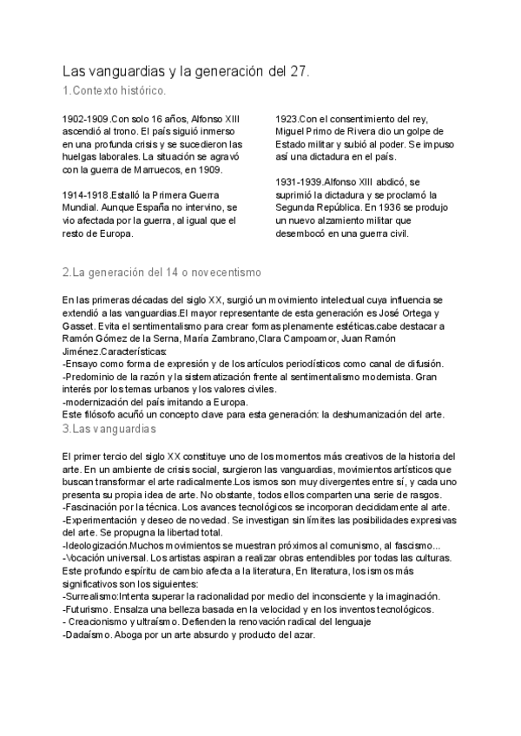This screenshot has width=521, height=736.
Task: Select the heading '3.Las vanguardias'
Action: [x=109, y=429]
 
